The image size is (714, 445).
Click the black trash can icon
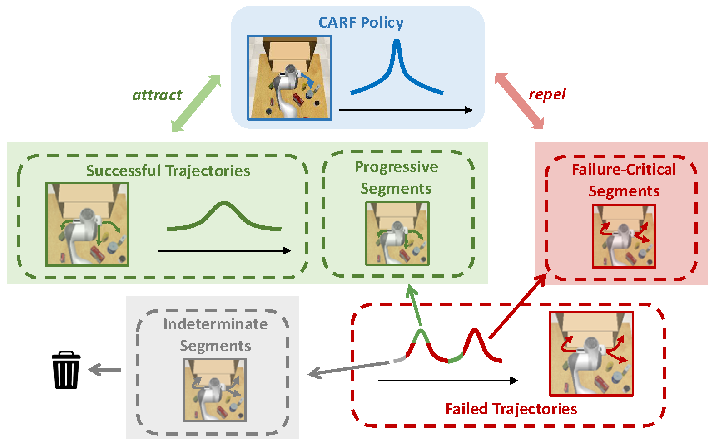click(x=66, y=370)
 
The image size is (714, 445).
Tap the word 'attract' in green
click(x=157, y=95)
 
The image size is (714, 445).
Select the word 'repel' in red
click(x=547, y=94)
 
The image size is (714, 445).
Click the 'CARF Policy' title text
click(x=361, y=23)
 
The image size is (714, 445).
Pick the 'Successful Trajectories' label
click(x=169, y=171)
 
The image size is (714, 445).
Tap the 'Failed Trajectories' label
click(x=511, y=409)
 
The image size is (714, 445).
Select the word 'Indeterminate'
click(x=215, y=324)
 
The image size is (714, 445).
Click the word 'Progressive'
click(x=397, y=167)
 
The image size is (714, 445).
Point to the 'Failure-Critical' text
click(x=624, y=169)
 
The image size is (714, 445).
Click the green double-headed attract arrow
click(x=196, y=103)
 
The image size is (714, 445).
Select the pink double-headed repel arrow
click(x=519, y=101)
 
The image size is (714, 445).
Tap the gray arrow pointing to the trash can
click(x=104, y=370)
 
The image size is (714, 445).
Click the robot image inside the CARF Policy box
click(x=290, y=78)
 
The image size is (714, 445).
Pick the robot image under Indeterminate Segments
click(x=214, y=390)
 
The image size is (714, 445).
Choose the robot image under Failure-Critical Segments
click(x=624, y=236)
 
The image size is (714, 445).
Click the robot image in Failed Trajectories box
click(x=591, y=354)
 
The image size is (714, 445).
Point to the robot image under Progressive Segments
click(x=397, y=233)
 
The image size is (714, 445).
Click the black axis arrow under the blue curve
click(x=406, y=110)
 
